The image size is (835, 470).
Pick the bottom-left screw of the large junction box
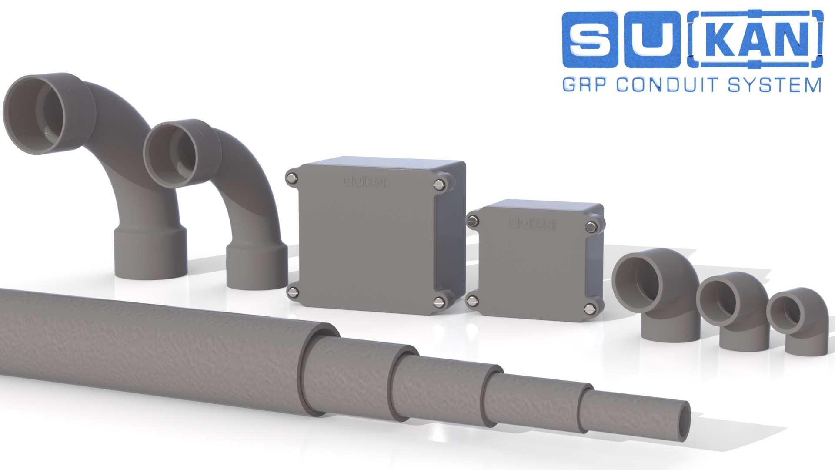(293, 291)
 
